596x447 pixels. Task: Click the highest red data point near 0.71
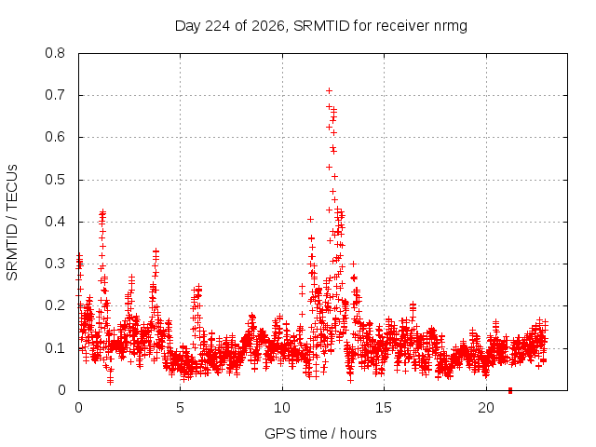click(329, 91)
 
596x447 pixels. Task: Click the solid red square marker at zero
click(510, 390)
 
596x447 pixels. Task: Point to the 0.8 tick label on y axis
click(55, 53)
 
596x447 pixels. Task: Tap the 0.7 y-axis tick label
click(55, 95)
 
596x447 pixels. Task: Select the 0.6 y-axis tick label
click(55, 137)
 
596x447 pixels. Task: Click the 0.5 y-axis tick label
click(55, 180)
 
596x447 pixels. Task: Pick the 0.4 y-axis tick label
click(55, 222)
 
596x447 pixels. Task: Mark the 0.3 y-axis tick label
click(55, 264)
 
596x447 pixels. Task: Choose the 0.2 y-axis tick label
click(55, 305)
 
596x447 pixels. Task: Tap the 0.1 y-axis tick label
click(55, 348)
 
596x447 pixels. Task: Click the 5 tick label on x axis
click(180, 408)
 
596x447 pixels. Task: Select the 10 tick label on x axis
click(282, 408)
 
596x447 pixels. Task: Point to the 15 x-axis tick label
click(384, 408)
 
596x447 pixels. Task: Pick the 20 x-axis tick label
click(486, 408)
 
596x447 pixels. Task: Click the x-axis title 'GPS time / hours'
click(320, 434)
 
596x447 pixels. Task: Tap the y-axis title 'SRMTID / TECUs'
click(12, 223)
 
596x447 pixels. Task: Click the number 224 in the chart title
click(217, 26)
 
